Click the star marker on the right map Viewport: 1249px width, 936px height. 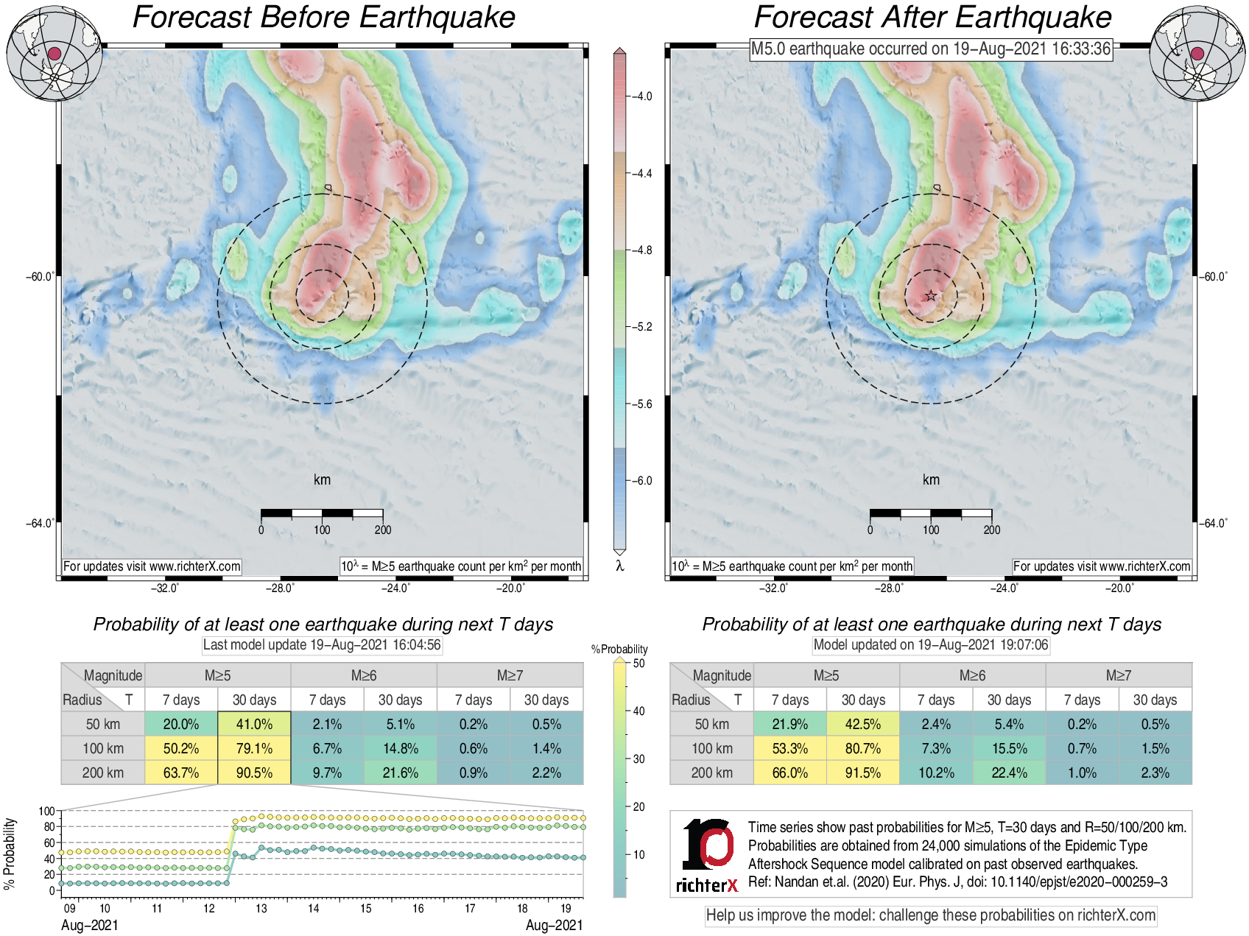(x=931, y=296)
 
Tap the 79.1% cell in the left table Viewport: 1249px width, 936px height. (x=254, y=748)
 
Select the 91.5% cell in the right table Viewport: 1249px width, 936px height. (x=862, y=773)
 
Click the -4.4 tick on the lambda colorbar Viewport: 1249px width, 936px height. (x=642, y=174)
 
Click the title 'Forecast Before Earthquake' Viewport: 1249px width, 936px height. (x=323, y=18)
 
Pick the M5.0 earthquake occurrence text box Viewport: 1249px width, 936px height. (x=930, y=49)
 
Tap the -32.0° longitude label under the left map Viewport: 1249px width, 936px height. (x=164, y=588)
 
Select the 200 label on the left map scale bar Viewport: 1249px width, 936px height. (x=382, y=529)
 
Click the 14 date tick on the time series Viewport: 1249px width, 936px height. (x=314, y=908)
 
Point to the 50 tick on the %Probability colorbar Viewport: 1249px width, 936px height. (x=638, y=664)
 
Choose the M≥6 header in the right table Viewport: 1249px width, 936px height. (x=972, y=675)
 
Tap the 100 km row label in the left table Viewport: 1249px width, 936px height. (x=102, y=748)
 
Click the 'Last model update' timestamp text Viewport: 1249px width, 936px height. (x=322, y=645)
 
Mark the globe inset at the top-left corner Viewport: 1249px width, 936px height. (x=54, y=54)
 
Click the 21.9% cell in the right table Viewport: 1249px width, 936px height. (x=789, y=724)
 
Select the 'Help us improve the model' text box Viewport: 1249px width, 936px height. (x=931, y=915)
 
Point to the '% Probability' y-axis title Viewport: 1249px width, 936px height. (x=10, y=853)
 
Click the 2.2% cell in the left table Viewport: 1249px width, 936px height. (x=546, y=773)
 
